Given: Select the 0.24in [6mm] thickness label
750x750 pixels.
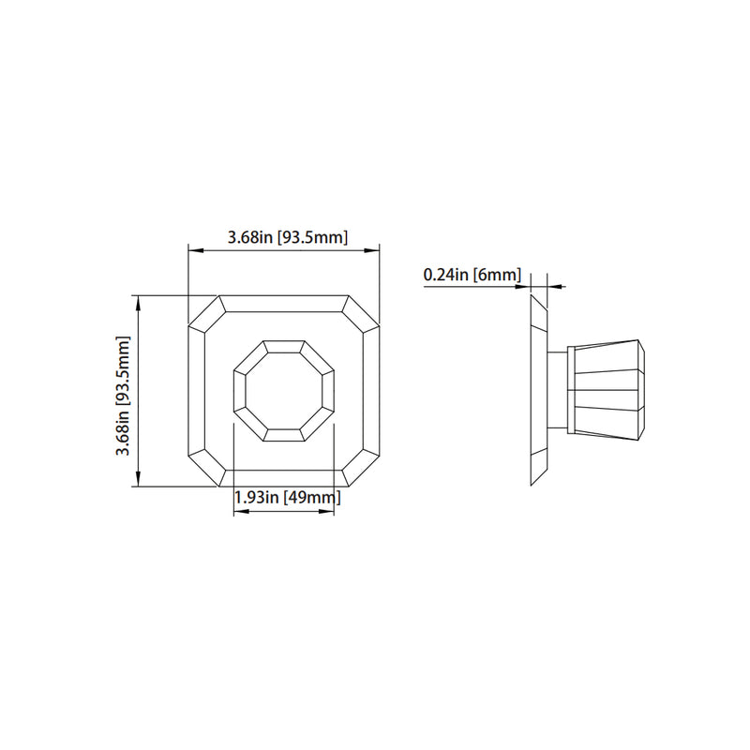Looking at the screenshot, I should (x=472, y=275).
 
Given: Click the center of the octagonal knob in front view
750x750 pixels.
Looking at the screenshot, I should (x=284, y=390).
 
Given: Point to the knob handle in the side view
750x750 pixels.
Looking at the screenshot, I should (x=607, y=390).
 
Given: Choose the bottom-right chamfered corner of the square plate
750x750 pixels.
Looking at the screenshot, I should (x=363, y=469).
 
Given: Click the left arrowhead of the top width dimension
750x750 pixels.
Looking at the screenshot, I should (x=193, y=249).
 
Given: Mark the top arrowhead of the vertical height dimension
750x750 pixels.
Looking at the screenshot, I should (x=139, y=300).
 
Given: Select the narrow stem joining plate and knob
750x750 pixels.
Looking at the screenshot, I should (x=558, y=390).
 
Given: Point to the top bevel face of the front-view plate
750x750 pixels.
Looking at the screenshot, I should (x=284, y=304).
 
